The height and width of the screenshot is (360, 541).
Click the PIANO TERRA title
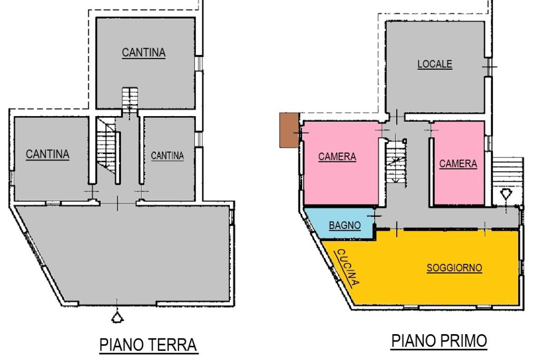click(x=148, y=345)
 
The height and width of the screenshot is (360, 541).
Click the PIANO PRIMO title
click(x=439, y=342)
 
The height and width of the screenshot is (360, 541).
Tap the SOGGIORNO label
click(x=454, y=268)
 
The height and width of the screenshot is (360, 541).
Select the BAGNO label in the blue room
click(x=344, y=225)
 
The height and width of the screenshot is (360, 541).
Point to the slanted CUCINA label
click(x=348, y=267)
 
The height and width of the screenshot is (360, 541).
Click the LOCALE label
click(x=435, y=64)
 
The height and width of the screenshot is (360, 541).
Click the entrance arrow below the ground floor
click(x=117, y=316)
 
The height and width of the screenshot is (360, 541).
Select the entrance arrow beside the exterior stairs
click(x=506, y=194)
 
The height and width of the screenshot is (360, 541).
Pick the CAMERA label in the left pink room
click(x=337, y=157)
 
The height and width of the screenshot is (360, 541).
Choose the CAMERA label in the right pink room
click(x=458, y=164)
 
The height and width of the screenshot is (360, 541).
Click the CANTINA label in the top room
click(x=144, y=53)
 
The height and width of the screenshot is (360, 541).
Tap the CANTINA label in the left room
click(x=48, y=154)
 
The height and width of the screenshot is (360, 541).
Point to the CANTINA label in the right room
click(x=167, y=156)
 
